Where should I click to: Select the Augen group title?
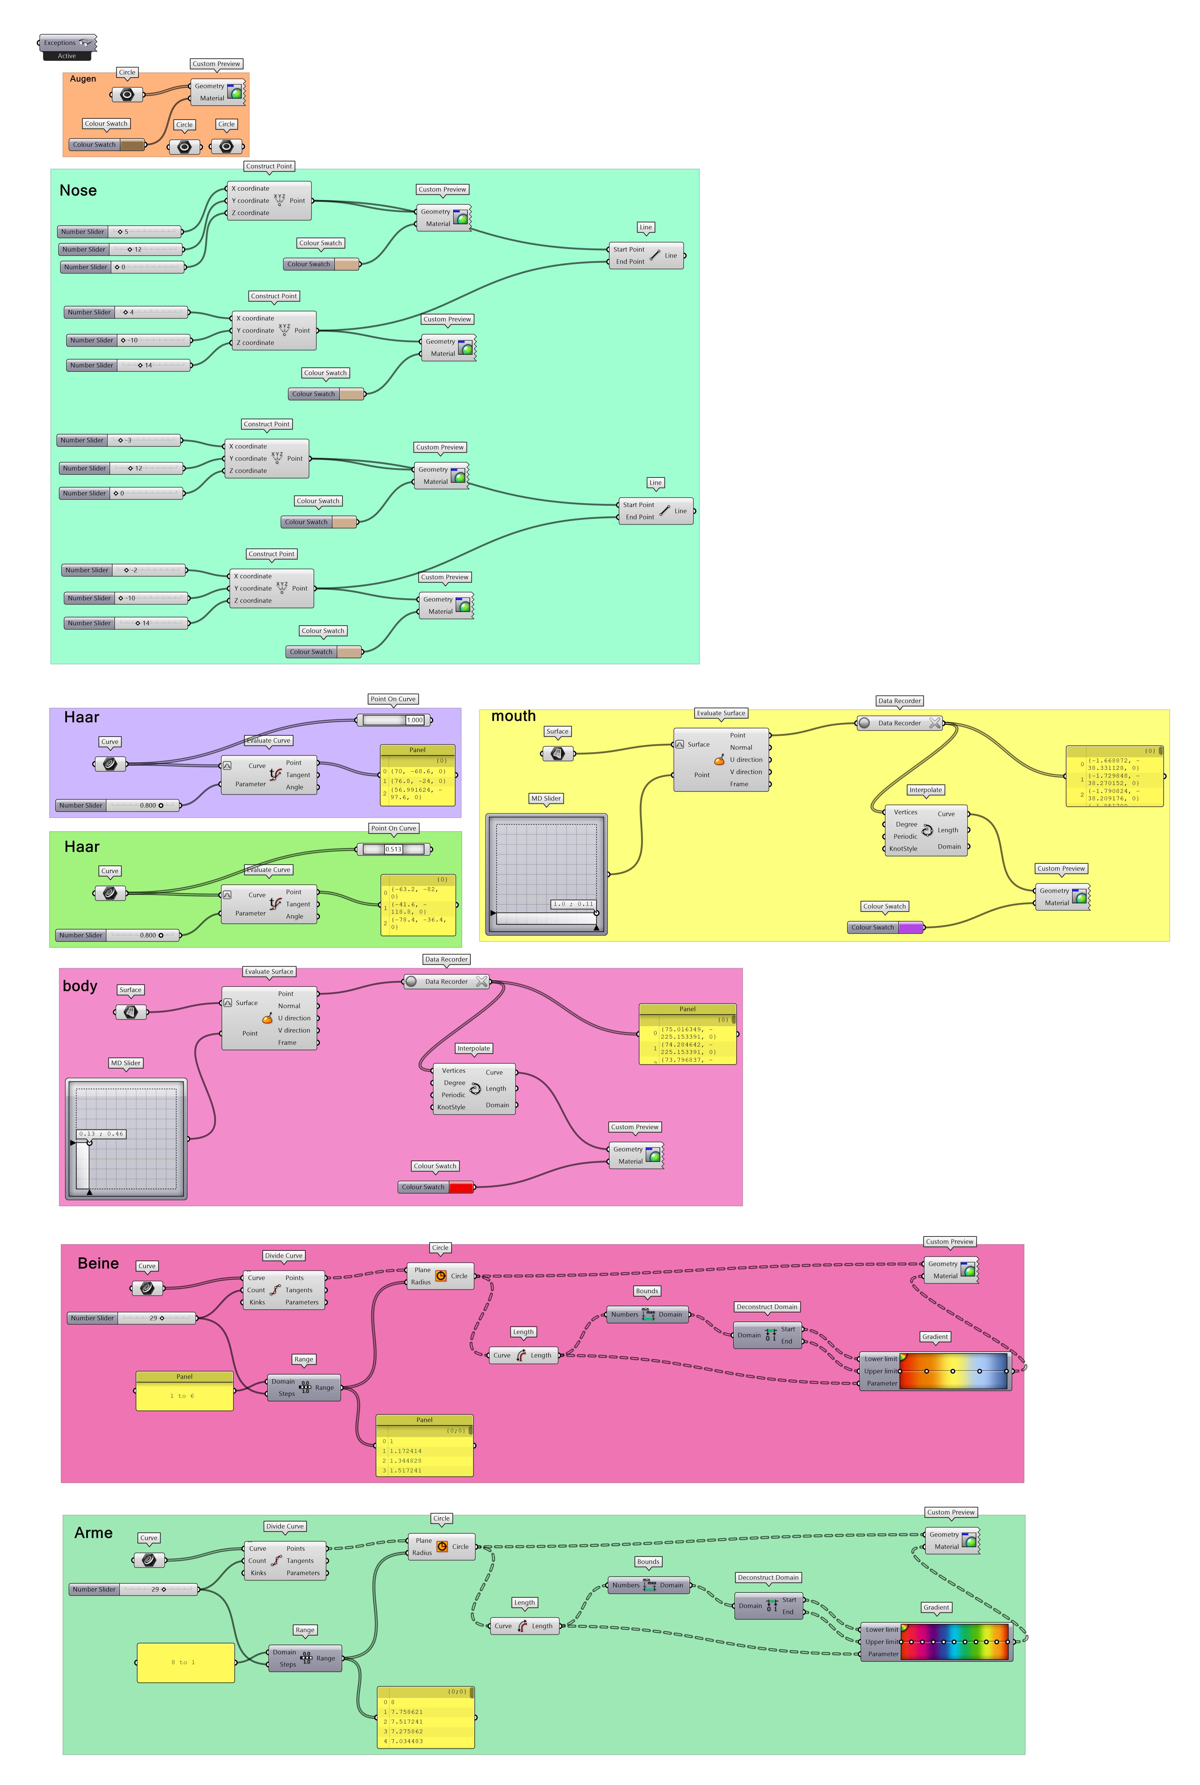click(83, 79)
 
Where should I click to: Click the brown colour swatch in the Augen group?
click(132, 145)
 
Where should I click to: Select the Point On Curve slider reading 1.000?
click(394, 720)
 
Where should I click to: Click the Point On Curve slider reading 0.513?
click(394, 849)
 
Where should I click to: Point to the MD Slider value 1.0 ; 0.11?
click(573, 904)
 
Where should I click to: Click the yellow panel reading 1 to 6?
click(185, 1395)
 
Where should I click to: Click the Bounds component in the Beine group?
click(648, 1314)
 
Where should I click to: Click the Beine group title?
click(98, 1263)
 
